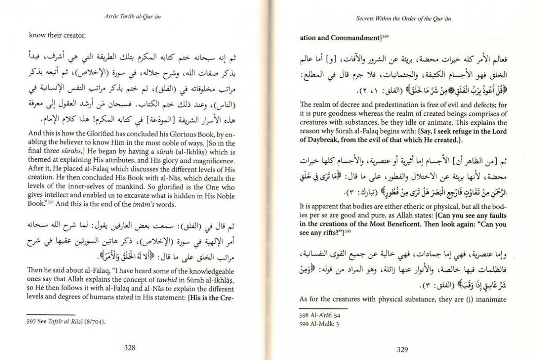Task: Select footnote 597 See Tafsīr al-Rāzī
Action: [x=68, y=322]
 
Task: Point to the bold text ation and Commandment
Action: [x=338, y=38]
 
